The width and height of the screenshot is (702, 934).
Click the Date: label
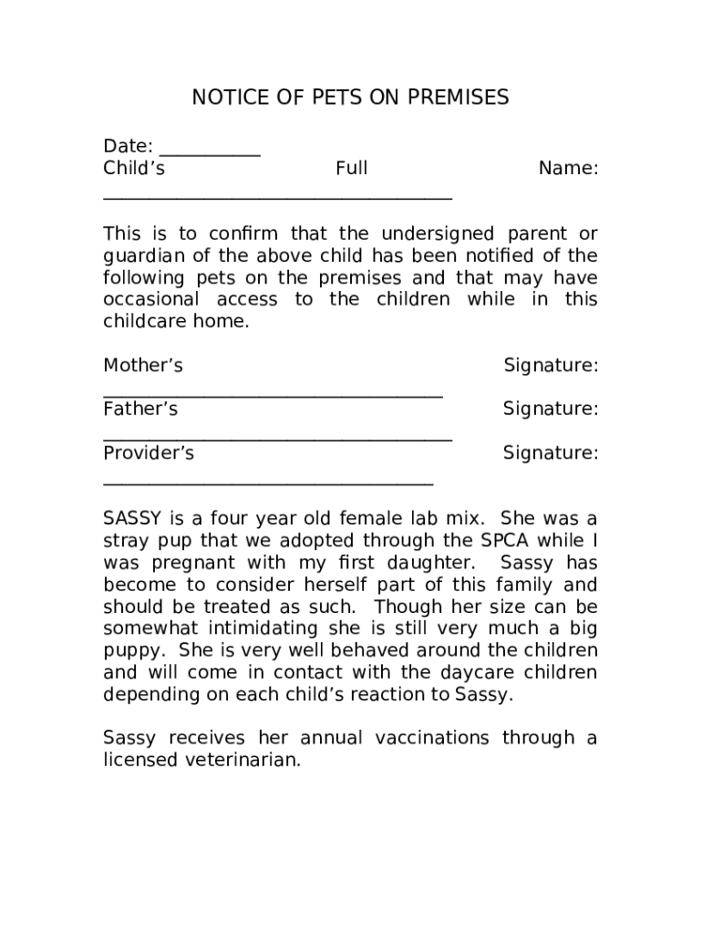(x=128, y=147)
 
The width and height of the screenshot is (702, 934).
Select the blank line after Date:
(x=210, y=153)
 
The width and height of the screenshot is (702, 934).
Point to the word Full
(x=351, y=169)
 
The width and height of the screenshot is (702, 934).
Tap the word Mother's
(x=143, y=366)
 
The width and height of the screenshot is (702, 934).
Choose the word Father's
(x=140, y=410)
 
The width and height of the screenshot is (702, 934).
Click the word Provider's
(x=149, y=453)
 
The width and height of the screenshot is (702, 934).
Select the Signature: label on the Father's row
(x=551, y=410)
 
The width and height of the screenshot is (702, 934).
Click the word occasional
(x=151, y=300)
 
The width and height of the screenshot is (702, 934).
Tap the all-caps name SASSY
(x=132, y=520)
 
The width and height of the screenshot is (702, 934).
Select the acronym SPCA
(x=496, y=542)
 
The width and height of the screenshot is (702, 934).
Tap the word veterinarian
(x=242, y=761)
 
